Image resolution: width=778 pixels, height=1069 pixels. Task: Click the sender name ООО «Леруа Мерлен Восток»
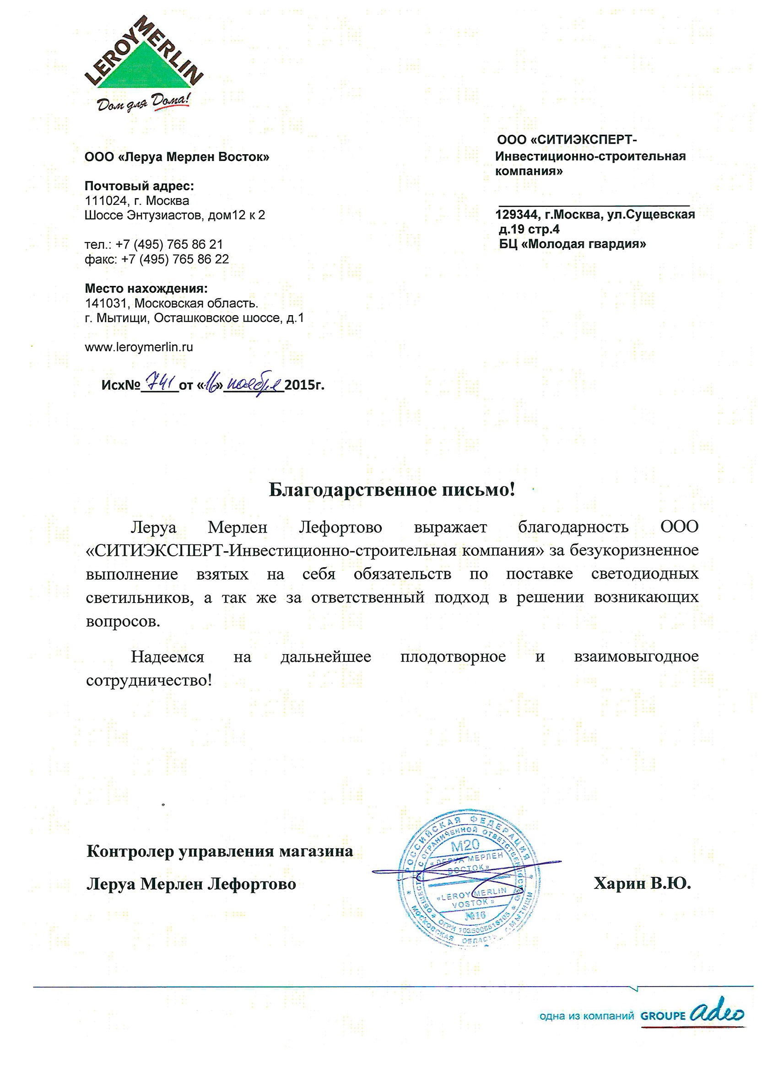point(177,157)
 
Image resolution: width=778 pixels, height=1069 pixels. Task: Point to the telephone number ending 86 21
point(169,245)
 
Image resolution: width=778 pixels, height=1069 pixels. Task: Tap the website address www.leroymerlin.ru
point(139,347)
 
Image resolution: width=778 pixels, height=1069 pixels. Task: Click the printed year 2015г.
point(305,386)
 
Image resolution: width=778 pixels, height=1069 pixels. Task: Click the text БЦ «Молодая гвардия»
point(573,244)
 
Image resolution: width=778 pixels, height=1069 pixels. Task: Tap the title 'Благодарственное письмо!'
point(391,490)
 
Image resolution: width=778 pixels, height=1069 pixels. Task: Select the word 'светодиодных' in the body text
point(644,574)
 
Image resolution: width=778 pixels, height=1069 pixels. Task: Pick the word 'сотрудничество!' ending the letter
point(149,681)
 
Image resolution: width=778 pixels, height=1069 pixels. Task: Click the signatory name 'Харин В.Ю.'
point(642,883)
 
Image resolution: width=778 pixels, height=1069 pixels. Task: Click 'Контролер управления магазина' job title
point(220,851)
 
